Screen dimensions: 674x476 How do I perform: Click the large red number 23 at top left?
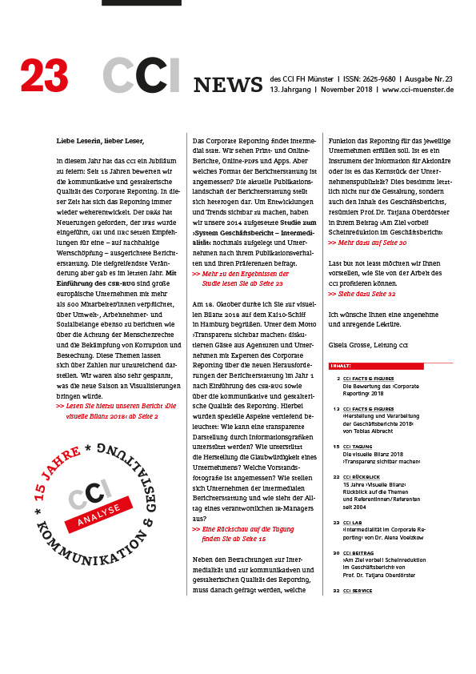point(45,75)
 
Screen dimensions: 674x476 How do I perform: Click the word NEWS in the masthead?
point(228,84)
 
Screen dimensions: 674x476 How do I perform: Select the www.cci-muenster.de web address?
point(418,90)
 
